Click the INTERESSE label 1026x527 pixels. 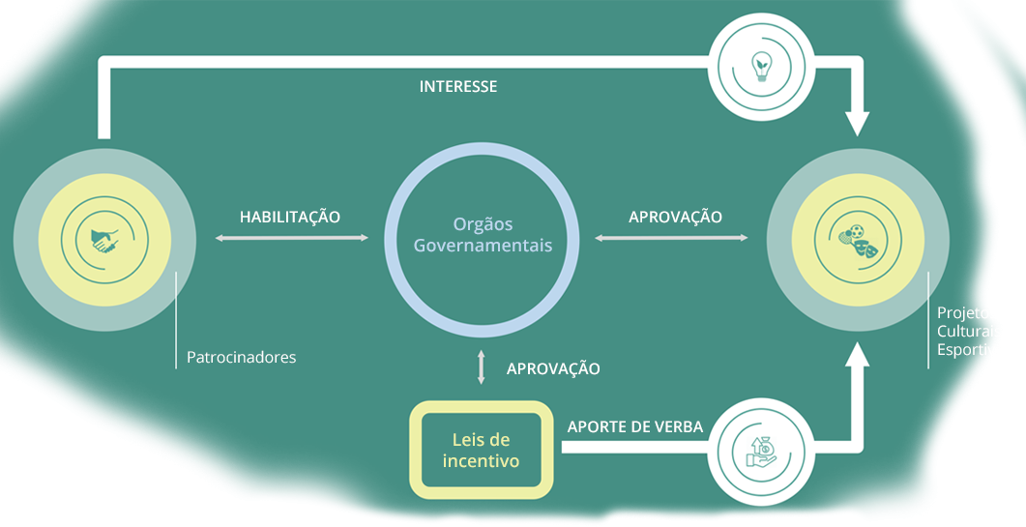tap(458, 87)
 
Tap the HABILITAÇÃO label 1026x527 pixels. tap(290, 217)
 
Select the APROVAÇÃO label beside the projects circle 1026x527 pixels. tap(675, 217)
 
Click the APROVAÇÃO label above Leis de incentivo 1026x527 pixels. tap(553, 368)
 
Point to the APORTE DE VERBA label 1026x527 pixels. tap(634, 426)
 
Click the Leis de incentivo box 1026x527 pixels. tap(481, 450)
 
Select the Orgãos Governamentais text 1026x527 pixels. tap(483, 234)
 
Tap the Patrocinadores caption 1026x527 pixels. tap(242, 358)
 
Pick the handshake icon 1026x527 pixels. tap(105, 240)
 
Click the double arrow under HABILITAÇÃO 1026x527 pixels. tap(293, 237)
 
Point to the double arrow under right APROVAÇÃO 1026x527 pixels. tap(671, 237)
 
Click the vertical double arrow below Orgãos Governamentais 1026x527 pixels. tap(482, 368)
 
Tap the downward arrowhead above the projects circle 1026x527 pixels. tap(857, 123)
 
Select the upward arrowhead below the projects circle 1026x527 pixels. tap(857, 356)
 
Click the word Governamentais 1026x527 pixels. tap(483, 246)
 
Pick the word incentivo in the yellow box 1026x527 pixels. tap(481, 461)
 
